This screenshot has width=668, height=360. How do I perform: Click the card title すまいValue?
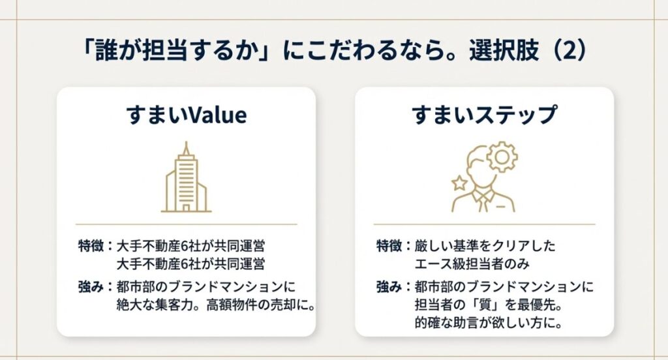pos(186,115)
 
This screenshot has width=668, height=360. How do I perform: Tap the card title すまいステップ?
pos(484,115)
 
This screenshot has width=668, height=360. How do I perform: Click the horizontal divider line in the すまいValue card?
pos(186,224)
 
